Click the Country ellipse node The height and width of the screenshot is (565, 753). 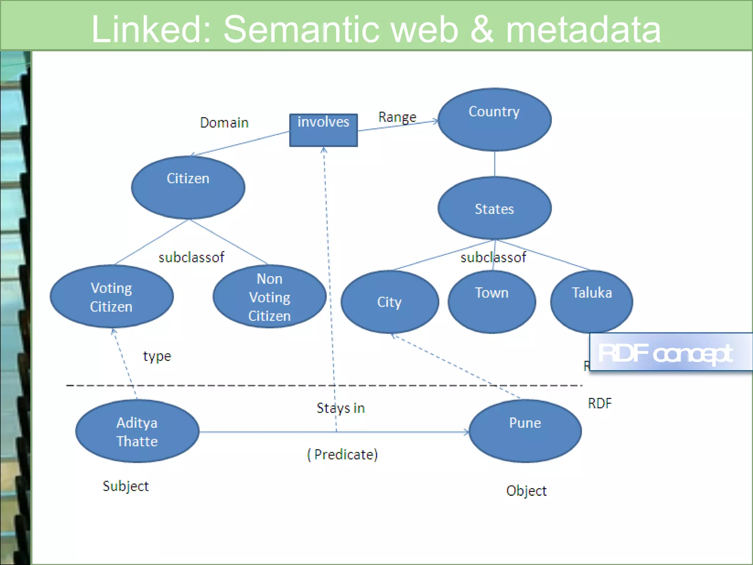point(494,120)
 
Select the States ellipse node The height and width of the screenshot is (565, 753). point(494,208)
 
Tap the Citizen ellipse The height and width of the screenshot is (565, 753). point(188,187)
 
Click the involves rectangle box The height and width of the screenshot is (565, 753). point(323,130)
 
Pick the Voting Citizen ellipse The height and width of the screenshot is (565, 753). point(111,296)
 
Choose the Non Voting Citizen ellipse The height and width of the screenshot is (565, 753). point(270,296)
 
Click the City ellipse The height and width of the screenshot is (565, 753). point(390,302)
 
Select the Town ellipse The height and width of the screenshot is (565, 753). point(492,302)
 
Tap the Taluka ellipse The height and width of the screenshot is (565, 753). point(591,302)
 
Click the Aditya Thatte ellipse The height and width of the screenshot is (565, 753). point(137,431)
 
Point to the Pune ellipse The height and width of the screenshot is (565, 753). point(525,431)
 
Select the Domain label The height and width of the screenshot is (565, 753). point(224,122)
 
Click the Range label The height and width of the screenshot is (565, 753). point(397,117)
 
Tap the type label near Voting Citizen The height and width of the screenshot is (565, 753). point(157,356)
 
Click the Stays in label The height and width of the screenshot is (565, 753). point(340,408)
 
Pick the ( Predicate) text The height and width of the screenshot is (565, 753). point(342,455)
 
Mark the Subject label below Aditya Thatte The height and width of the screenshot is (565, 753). point(126,486)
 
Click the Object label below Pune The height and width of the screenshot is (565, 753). point(526,491)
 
